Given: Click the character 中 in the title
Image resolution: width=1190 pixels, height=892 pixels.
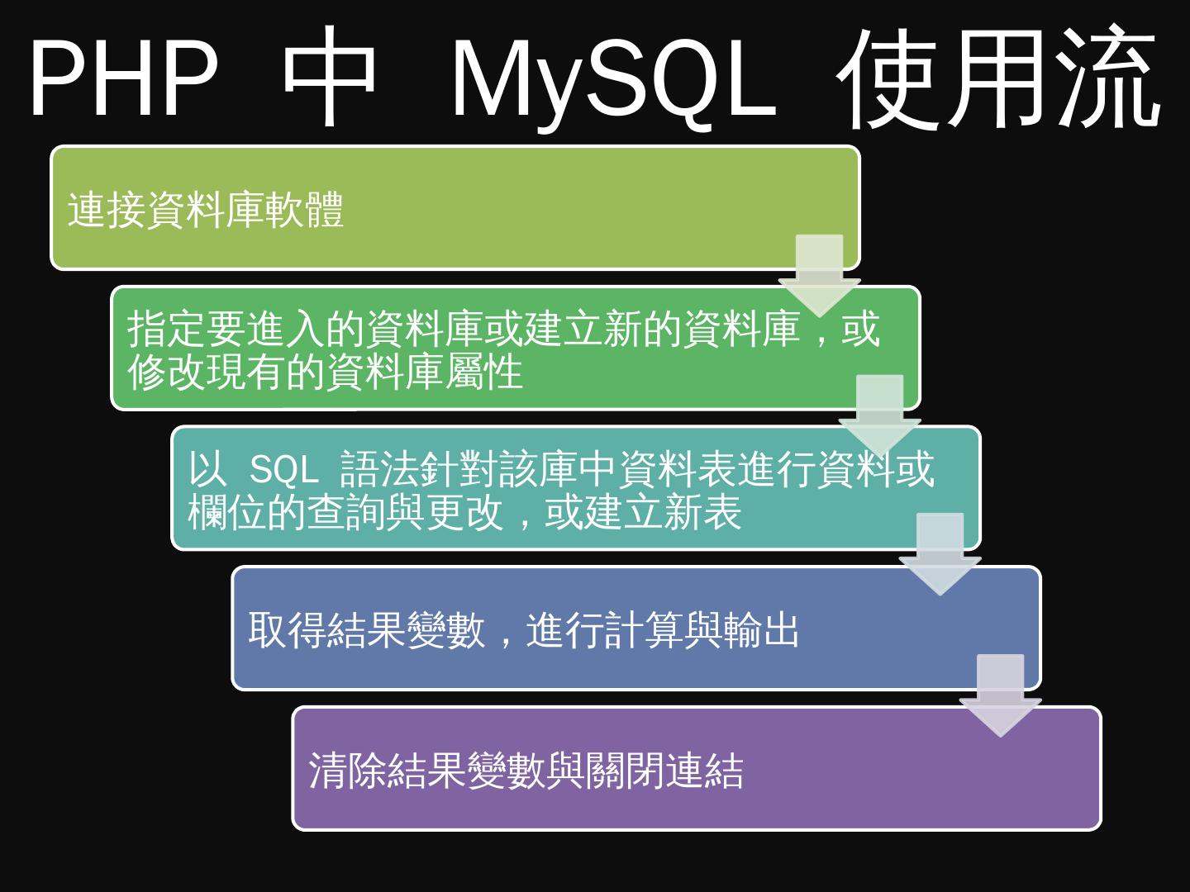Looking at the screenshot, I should pos(330,78).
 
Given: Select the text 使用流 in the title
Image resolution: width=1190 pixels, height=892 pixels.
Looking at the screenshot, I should pos(1000,78).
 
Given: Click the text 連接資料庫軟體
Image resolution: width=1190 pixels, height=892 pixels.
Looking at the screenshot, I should pos(205,210).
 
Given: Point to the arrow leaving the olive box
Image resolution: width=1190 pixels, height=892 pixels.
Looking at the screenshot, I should pos(820,273).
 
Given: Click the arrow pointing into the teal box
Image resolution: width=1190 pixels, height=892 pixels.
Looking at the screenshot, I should pos(879,413).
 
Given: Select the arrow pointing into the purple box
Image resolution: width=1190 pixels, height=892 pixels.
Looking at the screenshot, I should pos(1000,694).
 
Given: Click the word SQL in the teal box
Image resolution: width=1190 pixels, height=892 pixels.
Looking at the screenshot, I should pos(283,471).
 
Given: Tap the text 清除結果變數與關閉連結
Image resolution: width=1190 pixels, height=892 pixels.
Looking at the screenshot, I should pos(526,771).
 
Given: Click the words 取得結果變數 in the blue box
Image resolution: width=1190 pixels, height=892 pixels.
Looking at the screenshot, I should pos(366,630).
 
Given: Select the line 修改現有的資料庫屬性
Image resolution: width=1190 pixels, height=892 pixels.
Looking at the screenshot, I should pos(325,372).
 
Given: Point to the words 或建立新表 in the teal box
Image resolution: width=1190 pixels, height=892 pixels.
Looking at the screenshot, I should pos(643,513).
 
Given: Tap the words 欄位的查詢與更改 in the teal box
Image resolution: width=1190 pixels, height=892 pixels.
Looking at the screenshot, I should pos(345,513).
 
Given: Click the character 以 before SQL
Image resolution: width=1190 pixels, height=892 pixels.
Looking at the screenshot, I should pos(207,470).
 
